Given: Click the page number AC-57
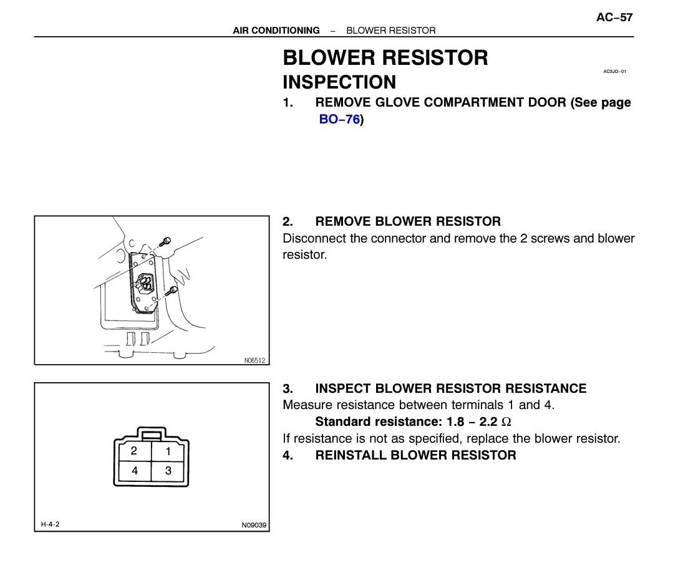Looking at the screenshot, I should point(614,17).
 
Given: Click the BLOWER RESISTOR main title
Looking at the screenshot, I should point(385,58).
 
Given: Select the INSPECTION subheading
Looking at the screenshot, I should point(339,82).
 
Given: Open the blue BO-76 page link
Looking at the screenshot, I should point(339,119).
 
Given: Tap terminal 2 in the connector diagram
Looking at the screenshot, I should point(133,451).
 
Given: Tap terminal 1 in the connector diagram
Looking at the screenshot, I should point(168,451).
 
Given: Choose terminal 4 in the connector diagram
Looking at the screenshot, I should point(134,471).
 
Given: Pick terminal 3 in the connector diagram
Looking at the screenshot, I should point(168,471).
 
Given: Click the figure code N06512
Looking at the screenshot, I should point(254,360).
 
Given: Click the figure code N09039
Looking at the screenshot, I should point(254,525).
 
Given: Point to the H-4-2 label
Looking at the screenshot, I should point(47,524).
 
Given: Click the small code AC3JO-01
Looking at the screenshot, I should point(614,72).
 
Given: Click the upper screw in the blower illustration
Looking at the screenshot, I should point(165,242).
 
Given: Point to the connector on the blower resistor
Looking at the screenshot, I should point(145,282).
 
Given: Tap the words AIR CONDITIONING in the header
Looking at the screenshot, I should point(276,30).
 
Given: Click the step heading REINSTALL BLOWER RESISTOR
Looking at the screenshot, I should point(415,455).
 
